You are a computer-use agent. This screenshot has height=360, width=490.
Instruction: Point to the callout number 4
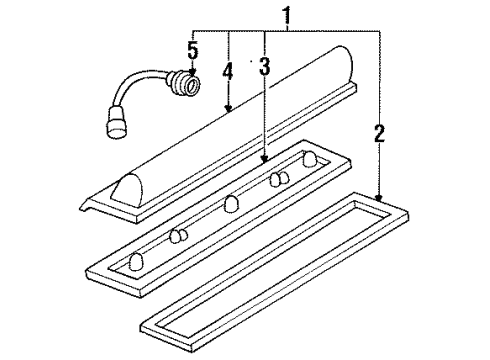click(228, 73)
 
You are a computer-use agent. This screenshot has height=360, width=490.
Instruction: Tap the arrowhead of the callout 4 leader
click(229, 109)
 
